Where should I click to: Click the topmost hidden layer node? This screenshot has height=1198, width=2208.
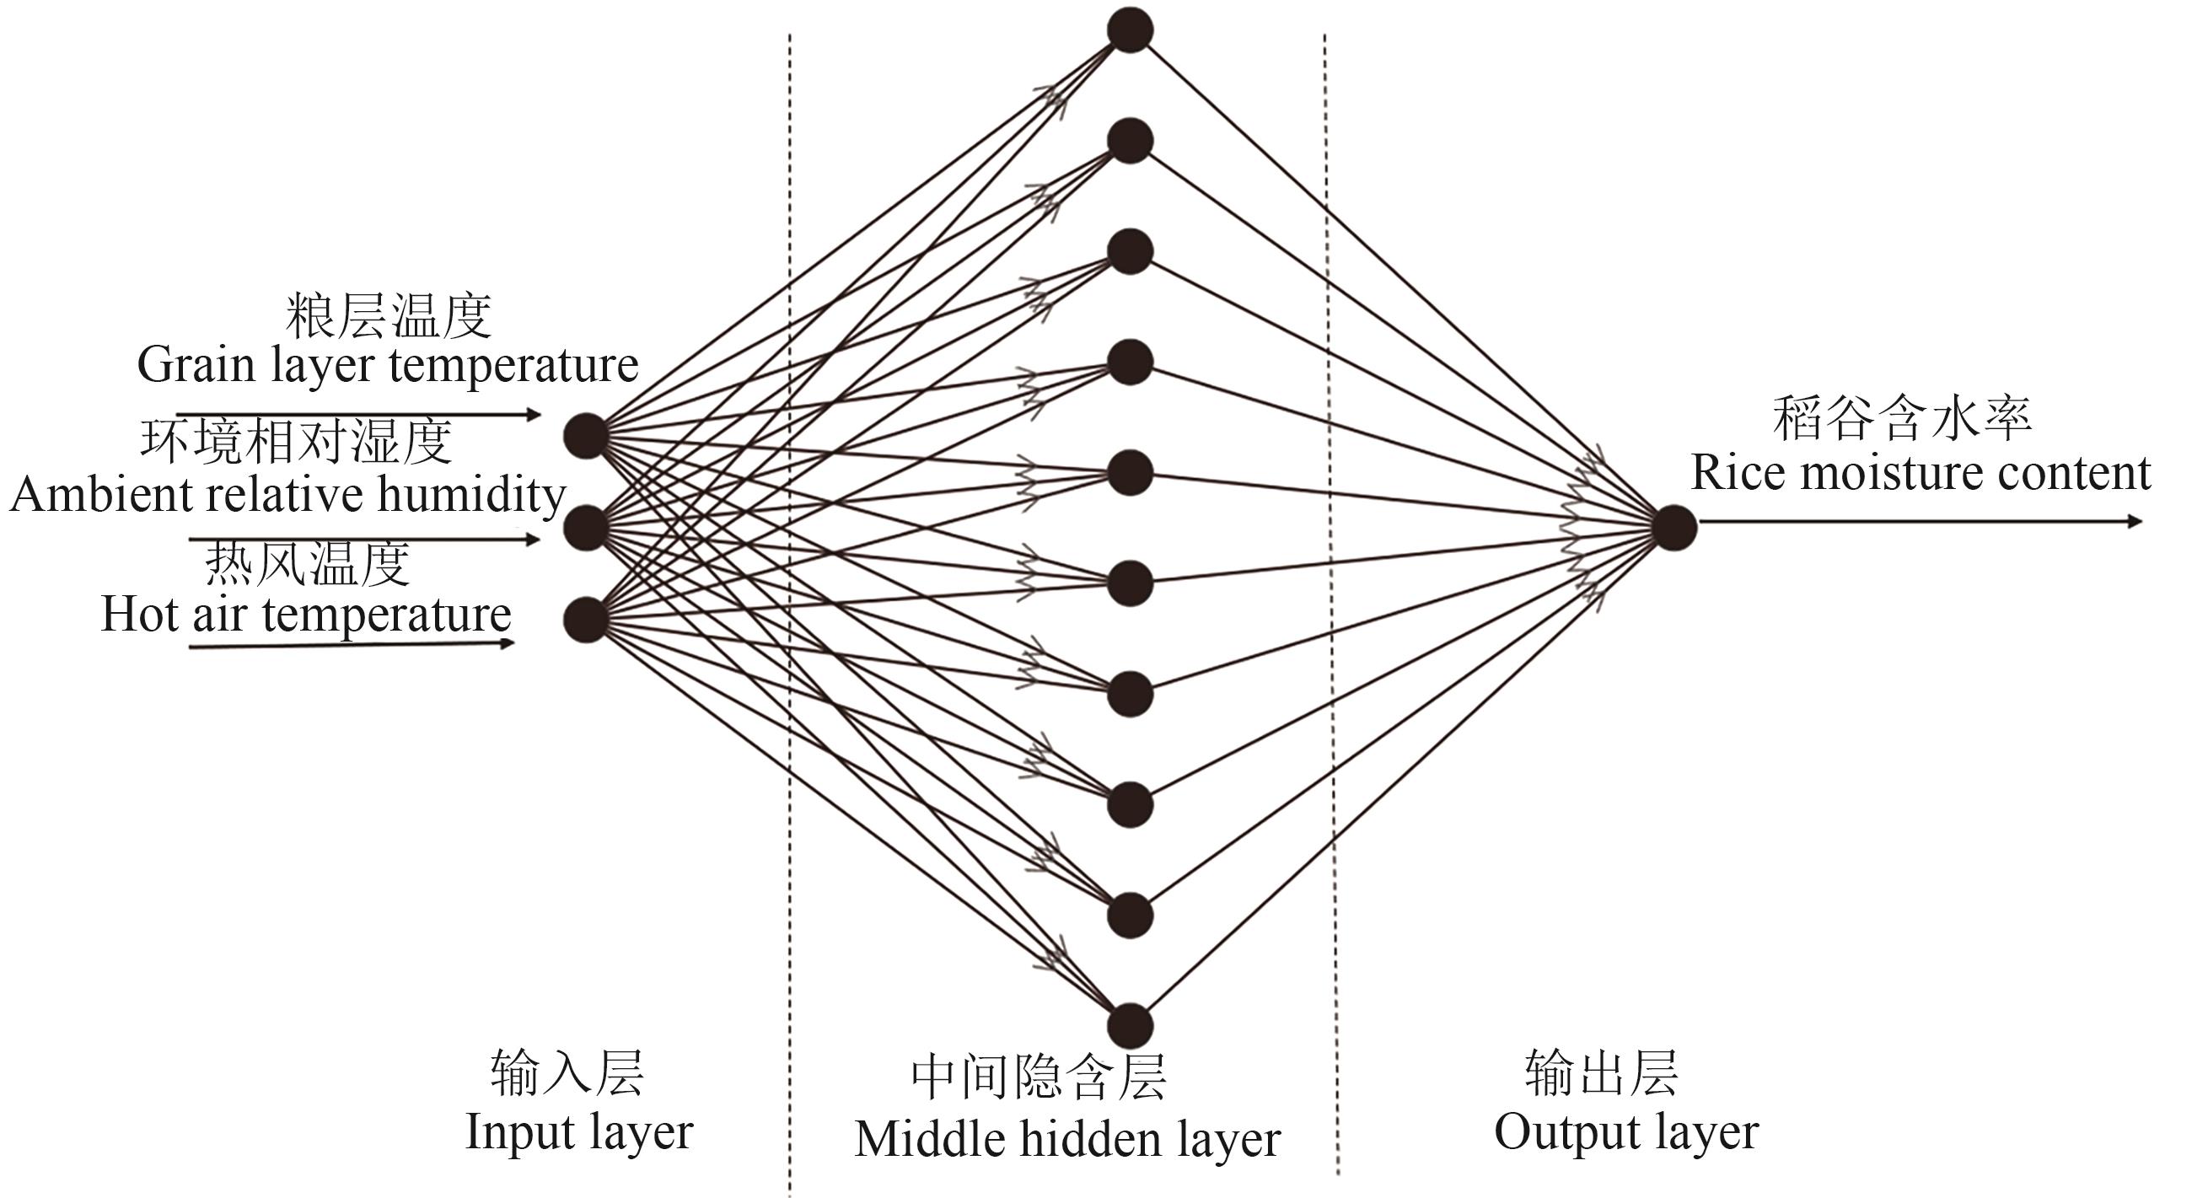[x=1130, y=30]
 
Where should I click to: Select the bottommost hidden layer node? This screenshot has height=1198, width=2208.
[x=1130, y=1026]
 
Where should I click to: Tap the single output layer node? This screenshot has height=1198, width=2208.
[x=1674, y=527]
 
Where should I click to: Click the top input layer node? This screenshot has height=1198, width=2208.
[x=586, y=435]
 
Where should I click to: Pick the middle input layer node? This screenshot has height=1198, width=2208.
[x=586, y=527]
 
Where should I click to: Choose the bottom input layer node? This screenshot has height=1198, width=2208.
[x=586, y=619]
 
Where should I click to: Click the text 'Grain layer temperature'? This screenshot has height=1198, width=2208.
[x=388, y=365]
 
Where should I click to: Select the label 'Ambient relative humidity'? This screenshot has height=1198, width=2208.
[x=288, y=494]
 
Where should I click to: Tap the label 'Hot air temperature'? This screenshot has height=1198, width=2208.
[x=306, y=615]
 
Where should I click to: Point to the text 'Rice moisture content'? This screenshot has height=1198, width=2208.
[x=1920, y=472]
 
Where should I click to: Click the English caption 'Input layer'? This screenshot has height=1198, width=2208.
[x=578, y=1132]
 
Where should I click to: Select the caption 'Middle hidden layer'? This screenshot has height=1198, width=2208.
[x=1067, y=1139]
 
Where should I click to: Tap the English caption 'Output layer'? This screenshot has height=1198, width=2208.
[x=1626, y=1132]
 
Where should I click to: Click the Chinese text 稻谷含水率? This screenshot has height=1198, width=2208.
[x=1901, y=419]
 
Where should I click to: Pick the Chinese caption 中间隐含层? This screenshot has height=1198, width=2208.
[x=1038, y=1077]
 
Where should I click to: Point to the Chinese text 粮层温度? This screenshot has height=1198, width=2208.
[x=389, y=315]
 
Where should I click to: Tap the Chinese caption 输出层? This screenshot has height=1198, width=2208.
[x=1601, y=1073]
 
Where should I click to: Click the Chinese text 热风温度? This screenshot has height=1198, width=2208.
[x=307, y=564]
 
